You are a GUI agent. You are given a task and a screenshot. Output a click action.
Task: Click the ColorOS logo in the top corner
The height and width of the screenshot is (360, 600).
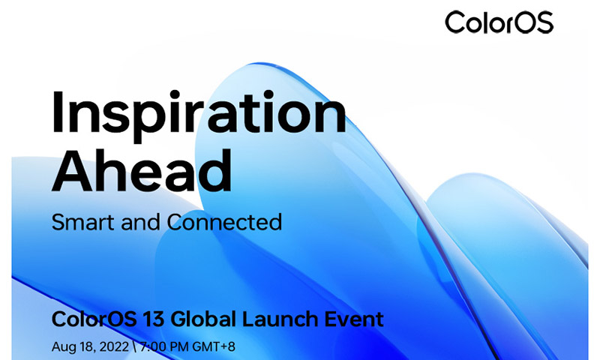click(499, 22)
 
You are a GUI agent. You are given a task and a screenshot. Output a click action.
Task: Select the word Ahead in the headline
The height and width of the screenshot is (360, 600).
click(142, 170)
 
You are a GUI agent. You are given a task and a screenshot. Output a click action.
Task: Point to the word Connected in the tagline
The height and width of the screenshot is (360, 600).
click(224, 222)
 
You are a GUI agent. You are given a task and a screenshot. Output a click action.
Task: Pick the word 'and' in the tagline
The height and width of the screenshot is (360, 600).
click(140, 222)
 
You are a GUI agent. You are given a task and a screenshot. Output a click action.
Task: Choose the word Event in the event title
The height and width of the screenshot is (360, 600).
click(354, 319)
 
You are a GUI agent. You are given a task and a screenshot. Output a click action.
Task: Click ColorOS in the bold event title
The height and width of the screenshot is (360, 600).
click(94, 319)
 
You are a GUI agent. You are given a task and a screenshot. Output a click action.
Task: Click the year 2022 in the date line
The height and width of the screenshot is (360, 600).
click(114, 347)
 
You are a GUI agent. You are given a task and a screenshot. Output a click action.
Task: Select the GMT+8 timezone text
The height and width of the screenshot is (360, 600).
click(213, 347)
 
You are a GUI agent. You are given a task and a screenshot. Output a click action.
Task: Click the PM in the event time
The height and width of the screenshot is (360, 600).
click(179, 347)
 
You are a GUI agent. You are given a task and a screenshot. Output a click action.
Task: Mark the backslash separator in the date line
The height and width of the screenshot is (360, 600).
click(134, 347)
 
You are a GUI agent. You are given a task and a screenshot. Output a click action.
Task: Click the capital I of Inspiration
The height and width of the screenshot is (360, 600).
click(57, 112)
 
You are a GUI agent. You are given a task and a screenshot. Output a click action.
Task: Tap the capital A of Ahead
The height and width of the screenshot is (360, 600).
click(72, 170)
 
